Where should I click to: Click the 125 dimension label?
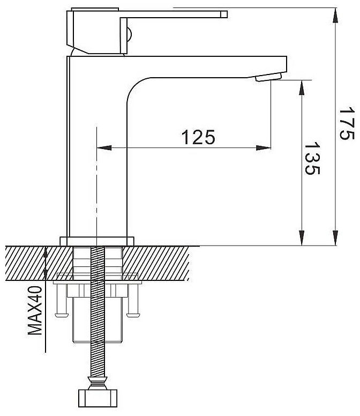point(198,137)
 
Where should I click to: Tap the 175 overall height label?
point(347,123)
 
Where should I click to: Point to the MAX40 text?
point(35,310)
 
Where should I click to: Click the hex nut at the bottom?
point(98,398)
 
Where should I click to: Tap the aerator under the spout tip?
point(268,77)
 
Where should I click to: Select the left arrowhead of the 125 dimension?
point(104,148)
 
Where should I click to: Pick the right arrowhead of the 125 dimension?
point(264,148)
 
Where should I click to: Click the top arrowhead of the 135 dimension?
point(302,87)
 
